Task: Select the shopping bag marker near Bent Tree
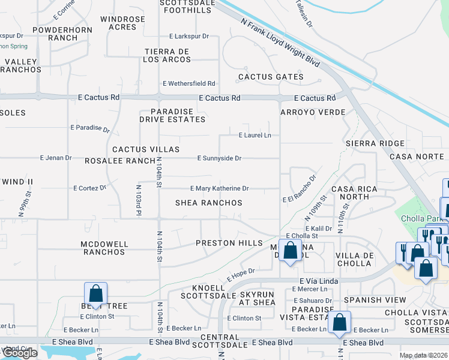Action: pos(95,294)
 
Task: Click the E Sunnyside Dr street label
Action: pos(219,158)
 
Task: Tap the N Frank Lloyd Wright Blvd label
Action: pos(280,43)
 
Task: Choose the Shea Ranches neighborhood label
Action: pos(209,203)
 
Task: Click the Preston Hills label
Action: pos(229,243)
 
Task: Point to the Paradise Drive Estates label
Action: pos(178,115)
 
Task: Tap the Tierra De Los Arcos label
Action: pos(167,55)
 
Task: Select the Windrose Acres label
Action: pos(122,23)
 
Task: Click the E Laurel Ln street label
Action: pos(255,136)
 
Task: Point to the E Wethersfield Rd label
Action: pos(189,84)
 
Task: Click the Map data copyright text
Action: pos(423,355)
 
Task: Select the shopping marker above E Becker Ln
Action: pos(339,322)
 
